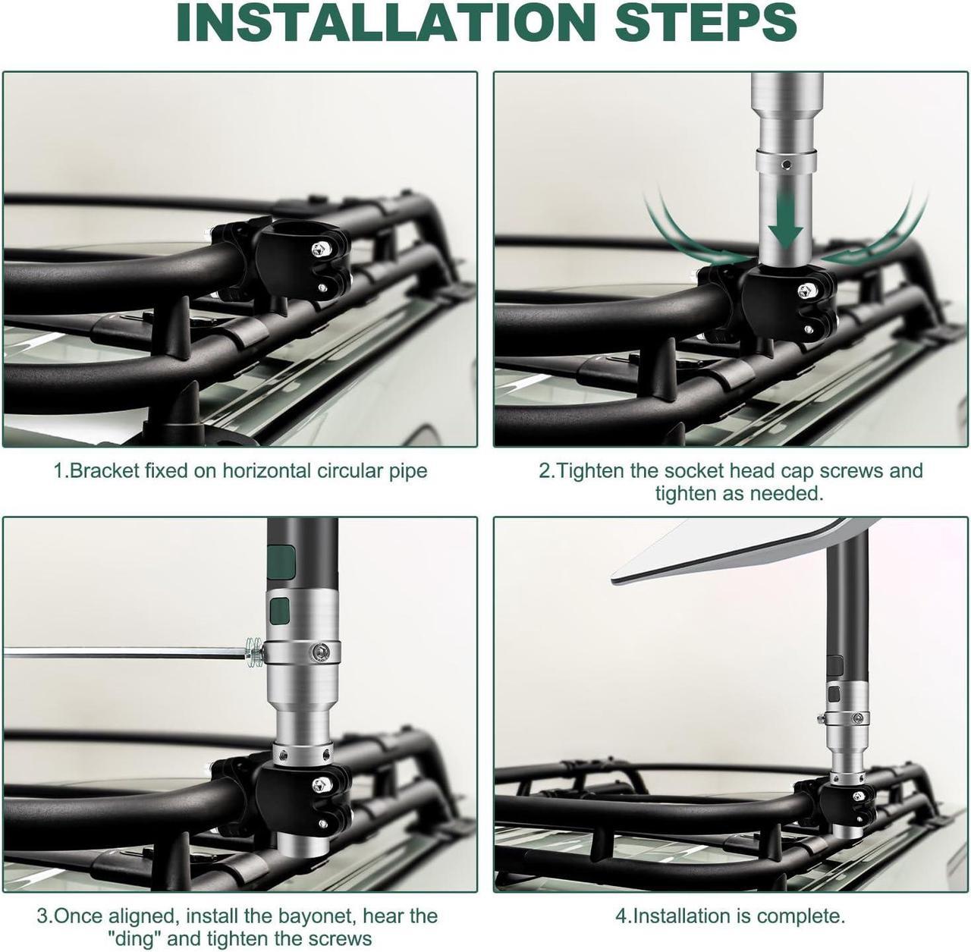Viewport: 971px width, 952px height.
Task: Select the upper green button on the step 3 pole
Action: (x=281, y=562)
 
